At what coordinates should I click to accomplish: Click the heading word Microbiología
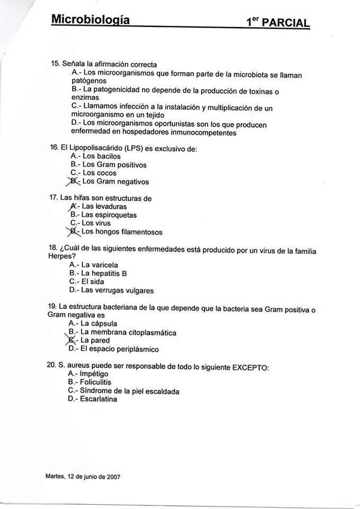point(90,20)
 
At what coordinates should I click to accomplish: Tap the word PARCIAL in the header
point(286,23)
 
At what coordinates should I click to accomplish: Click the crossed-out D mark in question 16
point(74,181)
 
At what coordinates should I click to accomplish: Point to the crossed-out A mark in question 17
point(74,206)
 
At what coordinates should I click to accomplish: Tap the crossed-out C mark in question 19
point(74,340)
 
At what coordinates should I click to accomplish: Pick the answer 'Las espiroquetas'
point(109,214)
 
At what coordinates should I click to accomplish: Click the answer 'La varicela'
point(100,264)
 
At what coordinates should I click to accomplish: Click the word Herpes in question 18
point(59,256)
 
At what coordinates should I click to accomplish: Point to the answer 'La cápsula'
point(99,323)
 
